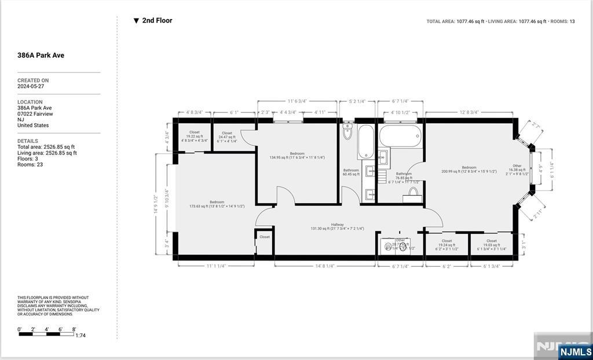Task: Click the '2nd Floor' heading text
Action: click(156, 20)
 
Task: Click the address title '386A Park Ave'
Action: click(41, 56)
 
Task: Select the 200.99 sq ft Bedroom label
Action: click(468, 169)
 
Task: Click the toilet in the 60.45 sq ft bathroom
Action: click(347, 132)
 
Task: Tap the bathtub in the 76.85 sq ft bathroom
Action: click(400, 138)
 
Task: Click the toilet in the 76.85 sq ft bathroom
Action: click(413, 193)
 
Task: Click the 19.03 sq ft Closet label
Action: click(491, 245)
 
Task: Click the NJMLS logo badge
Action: click(575, 351)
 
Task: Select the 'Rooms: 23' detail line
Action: click(30, 164)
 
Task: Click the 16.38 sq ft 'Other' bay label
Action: click(517, 170)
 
